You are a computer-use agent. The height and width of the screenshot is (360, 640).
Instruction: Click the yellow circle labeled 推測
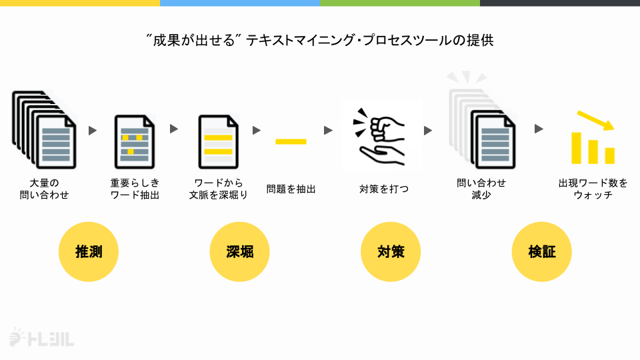(x=89, y=252)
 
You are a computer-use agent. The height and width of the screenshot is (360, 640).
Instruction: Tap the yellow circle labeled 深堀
(x=240, y=252)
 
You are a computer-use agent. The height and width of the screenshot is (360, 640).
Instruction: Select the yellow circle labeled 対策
(x=391, y=252)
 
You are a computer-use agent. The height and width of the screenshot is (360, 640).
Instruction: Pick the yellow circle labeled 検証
(x=541, y=252)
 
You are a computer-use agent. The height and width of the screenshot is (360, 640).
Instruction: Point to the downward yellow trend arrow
(x=595, y=121)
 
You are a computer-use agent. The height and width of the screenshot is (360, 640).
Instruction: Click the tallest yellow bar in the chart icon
(x=577, y=147)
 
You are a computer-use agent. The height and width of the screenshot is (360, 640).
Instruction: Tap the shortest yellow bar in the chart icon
(x=609, y=155)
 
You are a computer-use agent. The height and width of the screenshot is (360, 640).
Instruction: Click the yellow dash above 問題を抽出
(x=291, y=141)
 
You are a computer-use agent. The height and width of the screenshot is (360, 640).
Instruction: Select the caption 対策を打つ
(x=384, y=189)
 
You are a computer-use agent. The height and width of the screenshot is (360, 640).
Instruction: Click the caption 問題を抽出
(x=291, y=189)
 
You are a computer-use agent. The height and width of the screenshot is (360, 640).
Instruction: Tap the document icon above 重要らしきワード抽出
(x=135, y=141)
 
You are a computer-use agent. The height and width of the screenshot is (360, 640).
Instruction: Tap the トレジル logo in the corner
(x=41, y=339)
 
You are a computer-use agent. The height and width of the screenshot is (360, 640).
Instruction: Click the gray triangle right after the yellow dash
(x=328, y=130)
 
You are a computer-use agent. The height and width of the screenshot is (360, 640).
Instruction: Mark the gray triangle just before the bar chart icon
(x=539, y=129)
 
